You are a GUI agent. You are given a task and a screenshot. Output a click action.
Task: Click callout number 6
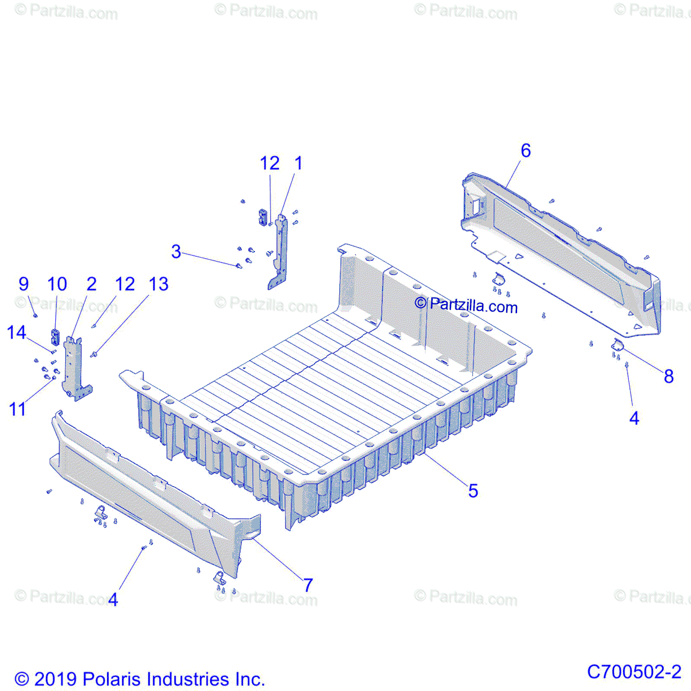525,151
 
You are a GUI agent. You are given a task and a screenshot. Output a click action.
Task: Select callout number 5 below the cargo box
473,491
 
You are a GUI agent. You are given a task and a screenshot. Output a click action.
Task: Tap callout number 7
308,585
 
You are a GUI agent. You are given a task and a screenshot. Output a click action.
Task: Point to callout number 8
669,377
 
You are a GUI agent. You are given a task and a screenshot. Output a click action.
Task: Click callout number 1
298,164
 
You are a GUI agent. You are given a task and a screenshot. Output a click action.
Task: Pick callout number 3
176,252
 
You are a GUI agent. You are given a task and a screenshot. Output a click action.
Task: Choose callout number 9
24,284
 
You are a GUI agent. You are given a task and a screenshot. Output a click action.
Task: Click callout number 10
57,284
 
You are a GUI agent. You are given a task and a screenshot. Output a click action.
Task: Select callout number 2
92,284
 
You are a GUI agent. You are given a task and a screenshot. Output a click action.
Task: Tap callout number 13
158,284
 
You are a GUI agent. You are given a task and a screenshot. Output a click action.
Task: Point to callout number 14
17,332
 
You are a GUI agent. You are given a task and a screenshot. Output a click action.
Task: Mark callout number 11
17,409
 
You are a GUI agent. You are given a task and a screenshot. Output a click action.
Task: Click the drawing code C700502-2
634,671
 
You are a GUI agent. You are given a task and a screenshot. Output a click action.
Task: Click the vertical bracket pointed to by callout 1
281,250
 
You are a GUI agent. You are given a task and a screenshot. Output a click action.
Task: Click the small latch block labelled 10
56,336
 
